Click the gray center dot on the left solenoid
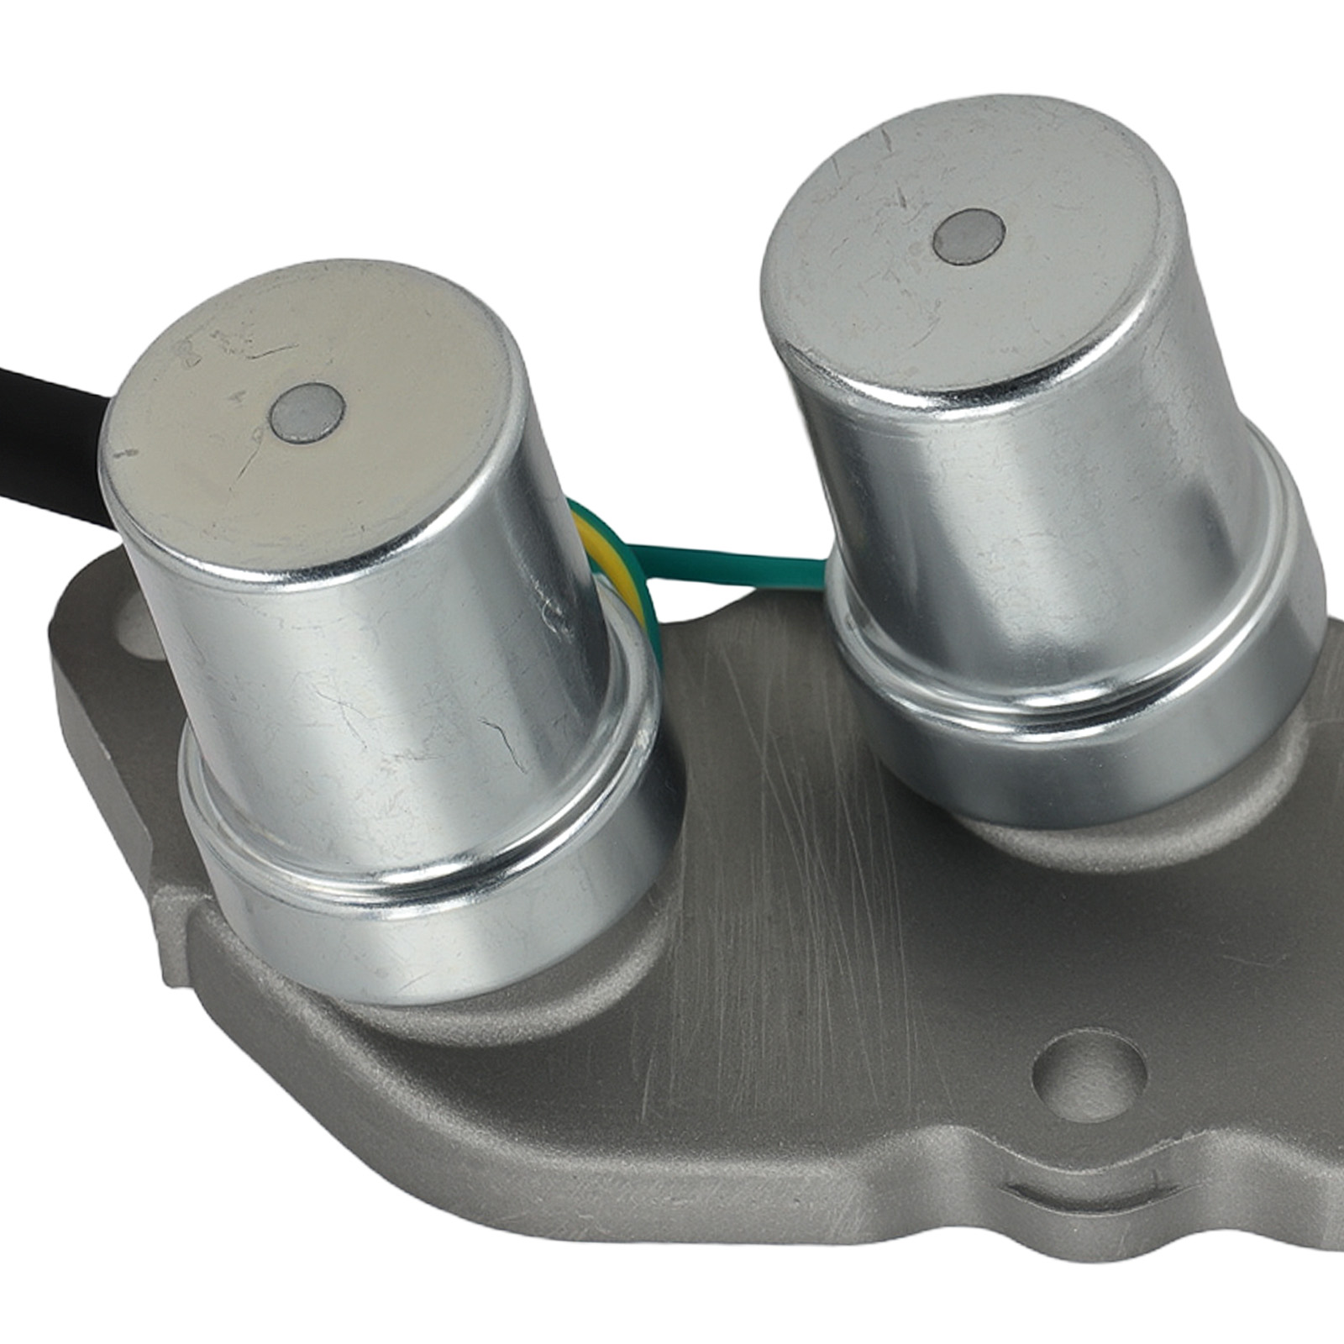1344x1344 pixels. click(x=308, y=412)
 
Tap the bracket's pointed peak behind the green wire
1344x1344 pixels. click(x=756, y=605)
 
